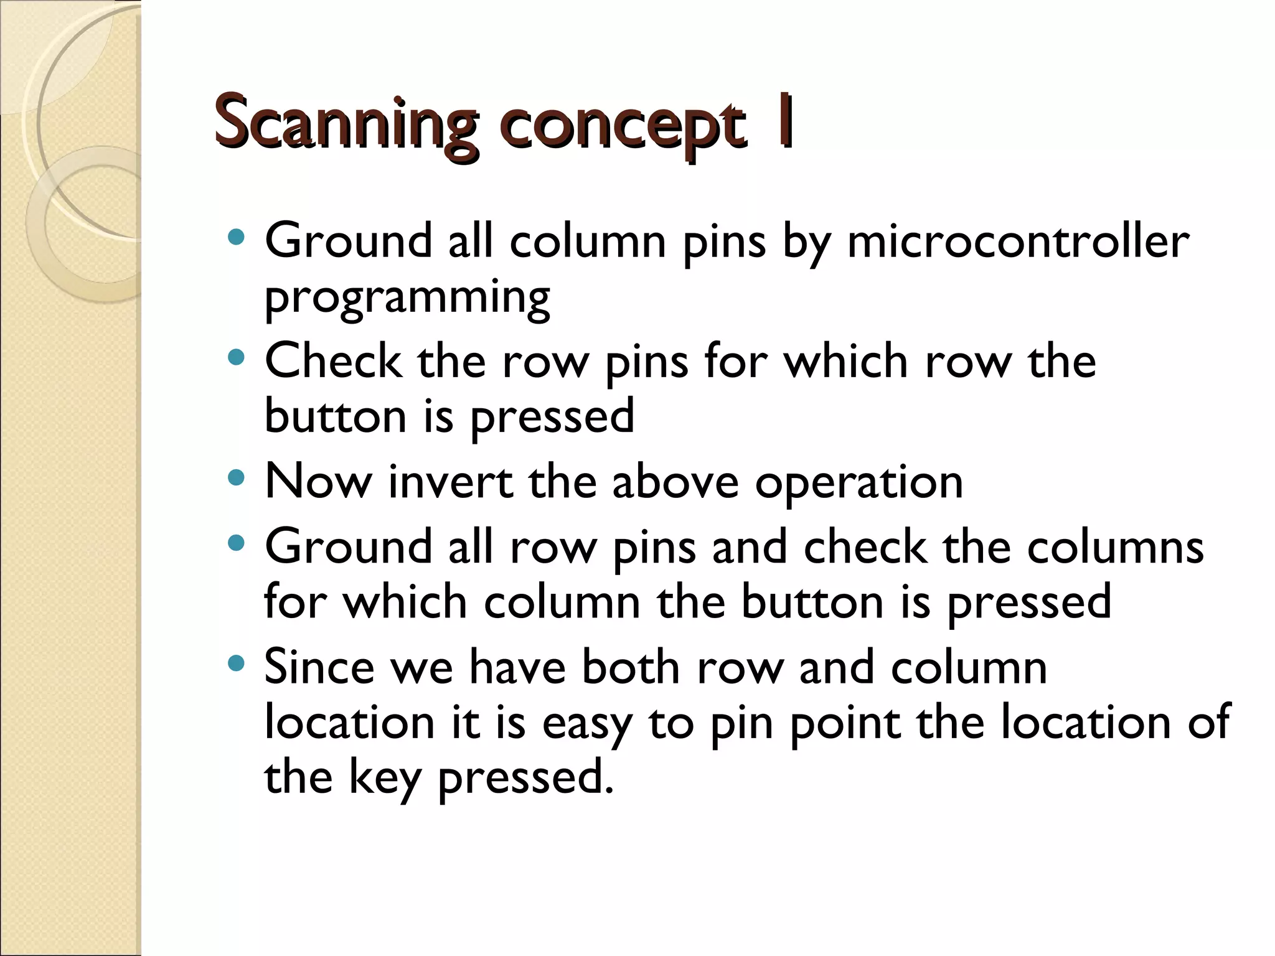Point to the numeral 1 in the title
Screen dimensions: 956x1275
(x=784, y=121)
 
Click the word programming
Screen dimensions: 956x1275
(x=407, y=298)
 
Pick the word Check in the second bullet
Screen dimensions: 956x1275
(x=333, y=361)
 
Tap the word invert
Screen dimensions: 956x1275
(x=450, y=482)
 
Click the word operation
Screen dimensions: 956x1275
(x=859, y=483)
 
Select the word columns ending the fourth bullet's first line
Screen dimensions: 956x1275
(x=1115, y=546)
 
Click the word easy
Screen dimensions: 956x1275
(x=586, y=723)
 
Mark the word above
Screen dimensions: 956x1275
(x=675, y=482)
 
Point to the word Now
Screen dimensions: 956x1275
(x=318, y=482)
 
